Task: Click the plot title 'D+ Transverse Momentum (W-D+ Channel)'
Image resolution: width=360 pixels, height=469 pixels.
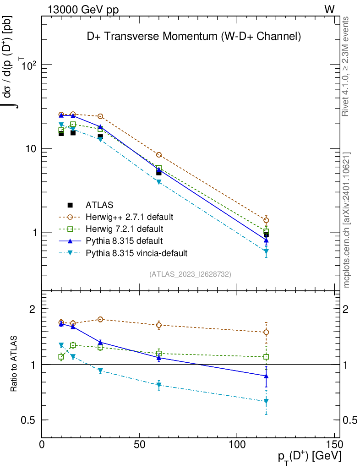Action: point(194,37)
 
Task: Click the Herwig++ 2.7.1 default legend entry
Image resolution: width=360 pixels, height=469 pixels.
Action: point(129,217)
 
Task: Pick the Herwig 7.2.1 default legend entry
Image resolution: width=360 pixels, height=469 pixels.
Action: point(124,229)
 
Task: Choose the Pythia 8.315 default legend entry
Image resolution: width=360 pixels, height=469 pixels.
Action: point(124,240)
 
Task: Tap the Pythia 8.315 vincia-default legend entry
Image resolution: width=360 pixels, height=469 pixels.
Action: point(136,252)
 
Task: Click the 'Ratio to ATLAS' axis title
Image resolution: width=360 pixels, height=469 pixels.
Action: point(14,364)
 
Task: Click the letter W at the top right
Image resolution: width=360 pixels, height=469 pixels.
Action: point(329,9)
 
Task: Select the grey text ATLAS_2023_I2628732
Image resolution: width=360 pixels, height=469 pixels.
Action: point(190,274)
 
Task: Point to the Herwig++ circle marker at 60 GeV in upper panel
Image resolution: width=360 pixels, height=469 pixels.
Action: point(159,155)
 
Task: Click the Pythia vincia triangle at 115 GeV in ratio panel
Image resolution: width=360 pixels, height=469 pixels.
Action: point(266,401)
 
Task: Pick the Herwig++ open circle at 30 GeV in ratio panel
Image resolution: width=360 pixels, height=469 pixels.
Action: point(100,319)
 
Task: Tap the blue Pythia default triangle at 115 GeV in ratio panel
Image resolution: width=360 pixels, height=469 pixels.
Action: point(266,376)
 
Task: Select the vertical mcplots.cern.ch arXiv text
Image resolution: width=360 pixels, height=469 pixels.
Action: point(347,220)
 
